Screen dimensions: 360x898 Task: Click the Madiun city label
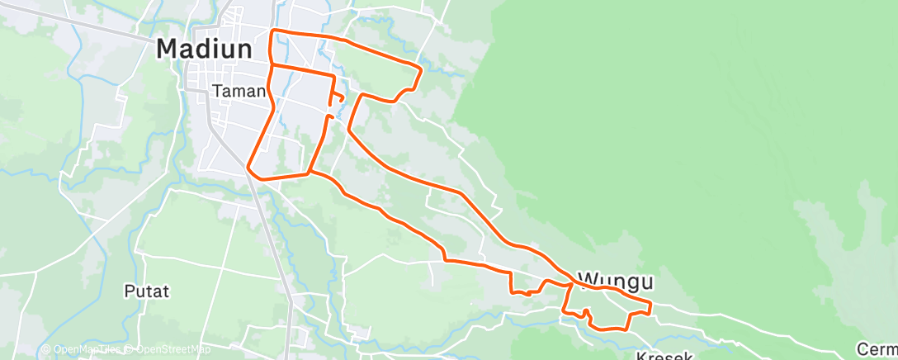(x=204, y=49)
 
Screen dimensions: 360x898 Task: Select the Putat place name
(x=146, y=291)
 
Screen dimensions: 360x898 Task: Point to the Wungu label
(x=616, y=282)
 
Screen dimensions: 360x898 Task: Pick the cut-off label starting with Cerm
(x=877, y=349)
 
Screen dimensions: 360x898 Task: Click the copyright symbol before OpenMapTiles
(x=46, y=350)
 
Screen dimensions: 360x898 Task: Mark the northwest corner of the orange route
(x=273, y=31)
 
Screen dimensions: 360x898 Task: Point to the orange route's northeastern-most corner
(x=421, y=69)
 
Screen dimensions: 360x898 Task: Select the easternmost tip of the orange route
(x=650, y=307)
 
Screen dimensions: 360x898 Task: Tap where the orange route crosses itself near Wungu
(x=570, y=283)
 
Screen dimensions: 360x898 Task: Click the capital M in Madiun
(x=167, y=49)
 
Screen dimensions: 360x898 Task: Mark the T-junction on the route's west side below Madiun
(x=272, y=64)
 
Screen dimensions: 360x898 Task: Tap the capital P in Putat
(x=129, y=291)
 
